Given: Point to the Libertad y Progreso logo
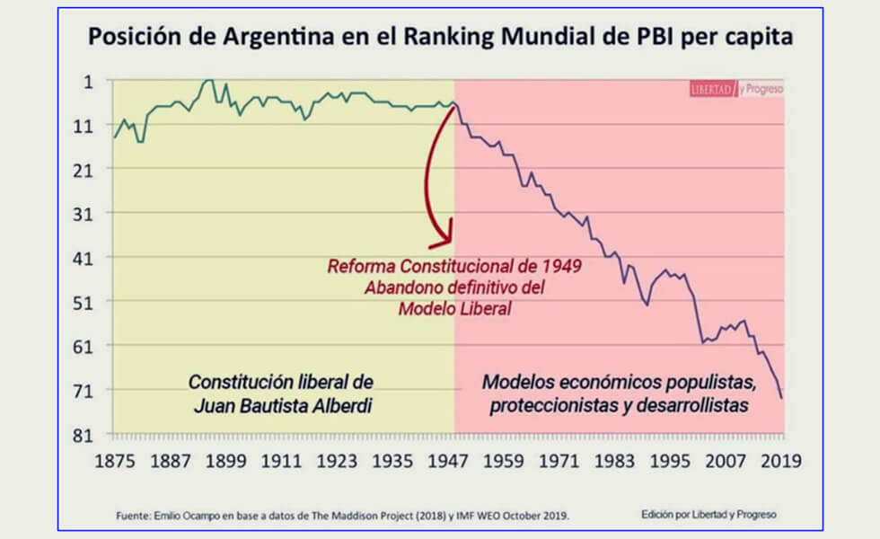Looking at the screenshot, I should (x=735, y=89).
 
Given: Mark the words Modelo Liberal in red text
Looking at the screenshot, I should (x=454, y=308).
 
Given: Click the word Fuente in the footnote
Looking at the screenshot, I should (x=135, y=516).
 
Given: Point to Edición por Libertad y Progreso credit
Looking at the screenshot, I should (x=708, y=515).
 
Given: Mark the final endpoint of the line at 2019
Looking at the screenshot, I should (x=782, y=398).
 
